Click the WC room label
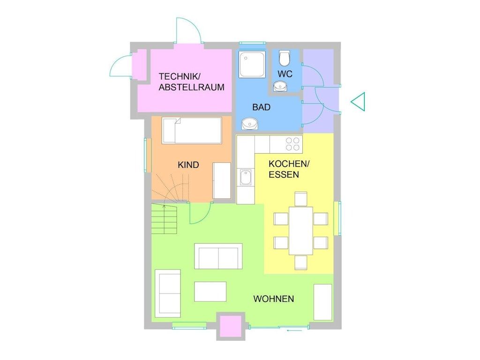click(x=285, y=74)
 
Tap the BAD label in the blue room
click(x=262, y=107)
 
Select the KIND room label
click(x=188, y=165)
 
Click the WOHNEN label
click(x=274, y=299)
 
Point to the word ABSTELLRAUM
click(x=192, y=87)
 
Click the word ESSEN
click(x=284, y=174)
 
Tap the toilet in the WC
click(x=285, y=58)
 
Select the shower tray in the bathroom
click(x=252, y=65)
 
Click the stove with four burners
click(x=292, y=144)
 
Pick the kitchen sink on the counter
click(x=246, y=177)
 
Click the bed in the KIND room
click(x=192, y=130)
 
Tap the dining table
click(x=301, y=231)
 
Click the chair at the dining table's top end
click(x=301, y=199)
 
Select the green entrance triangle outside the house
click(x=358, y=101)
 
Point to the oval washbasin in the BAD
click(x=250, y=124)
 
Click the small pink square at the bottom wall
click(x=231, y=327)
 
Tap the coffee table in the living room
click(x=210, y=292)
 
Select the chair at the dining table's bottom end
click(x=301, y=262)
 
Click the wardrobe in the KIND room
click(x=222, y=180)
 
